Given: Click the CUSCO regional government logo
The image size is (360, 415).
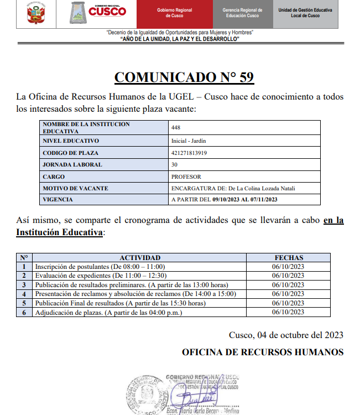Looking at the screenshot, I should pyautogui.click(x=97, y=13).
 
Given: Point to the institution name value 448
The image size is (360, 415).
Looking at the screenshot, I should pyautogui.click(x=176, y=128).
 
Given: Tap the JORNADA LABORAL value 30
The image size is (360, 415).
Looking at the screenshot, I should pyautogui.click(x=175, y=164).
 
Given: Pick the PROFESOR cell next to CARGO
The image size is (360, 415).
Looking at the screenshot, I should pyautogui.click(x=186, y=177).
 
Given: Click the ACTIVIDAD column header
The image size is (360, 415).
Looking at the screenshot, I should pyautogui.click(x=140, y=257).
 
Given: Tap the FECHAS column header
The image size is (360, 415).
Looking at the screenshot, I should pyautogui.click(x=289, y=257).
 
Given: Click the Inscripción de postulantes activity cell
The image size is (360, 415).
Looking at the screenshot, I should pyautogui.click(x=100, y=267).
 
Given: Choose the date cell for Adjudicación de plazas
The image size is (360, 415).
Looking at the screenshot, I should pyautogui.click(x=289, y=312).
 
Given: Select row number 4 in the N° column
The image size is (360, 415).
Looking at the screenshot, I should pyautogui.click(x=24, y=294).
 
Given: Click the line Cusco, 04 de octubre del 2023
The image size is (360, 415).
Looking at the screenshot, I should pyautogui.click(x=285, y=335).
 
